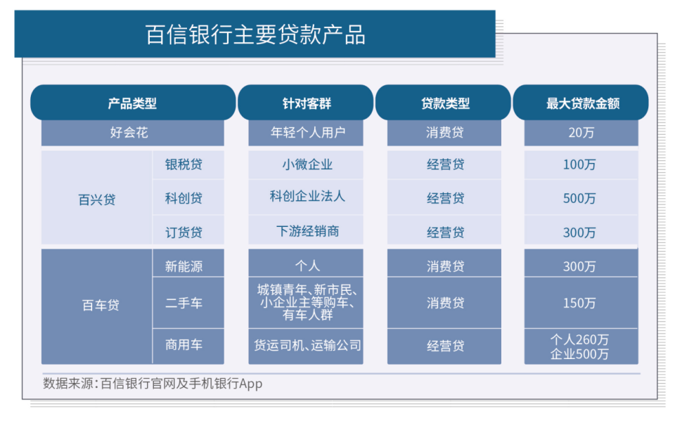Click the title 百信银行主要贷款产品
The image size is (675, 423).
tap(255, 34)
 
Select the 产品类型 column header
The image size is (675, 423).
tap(132, 103)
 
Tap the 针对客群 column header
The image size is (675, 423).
tap(306, 103)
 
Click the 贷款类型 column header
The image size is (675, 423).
tap(444, 103)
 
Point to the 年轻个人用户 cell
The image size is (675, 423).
tap(306, 132)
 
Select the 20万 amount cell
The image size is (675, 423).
tap(581, 132)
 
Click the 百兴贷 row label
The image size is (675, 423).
tap(96, 199)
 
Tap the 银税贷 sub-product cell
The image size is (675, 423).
tap(184, 164)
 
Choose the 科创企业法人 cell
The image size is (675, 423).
tap(306, 197)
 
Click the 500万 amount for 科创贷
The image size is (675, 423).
tap(580, 199)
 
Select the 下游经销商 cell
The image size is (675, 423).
tap(306, 230)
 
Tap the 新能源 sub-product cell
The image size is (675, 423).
tap(184, 266)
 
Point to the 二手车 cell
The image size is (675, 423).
tap(184, 304)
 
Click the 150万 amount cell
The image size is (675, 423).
tap(580, 304)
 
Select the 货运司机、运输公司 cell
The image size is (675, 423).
tap(306, 345)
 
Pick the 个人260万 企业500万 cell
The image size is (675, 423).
tap(580, 346)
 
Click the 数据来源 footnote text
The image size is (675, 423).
tap(152, 384)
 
